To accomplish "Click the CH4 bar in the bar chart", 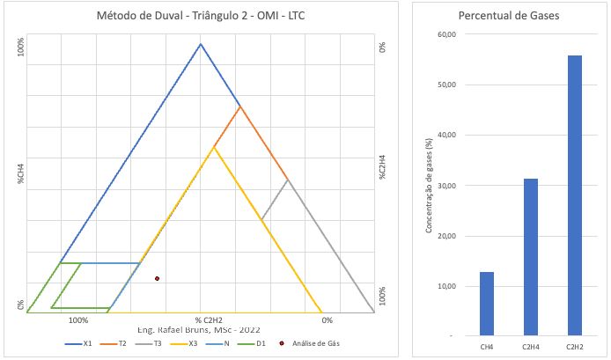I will (487, 303).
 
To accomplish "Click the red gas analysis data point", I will (157, 278).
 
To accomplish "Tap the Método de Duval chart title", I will (200, 17).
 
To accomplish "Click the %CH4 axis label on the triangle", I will (18, 171).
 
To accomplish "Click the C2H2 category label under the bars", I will (574, 348).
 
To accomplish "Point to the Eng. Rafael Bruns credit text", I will (199, 329).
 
